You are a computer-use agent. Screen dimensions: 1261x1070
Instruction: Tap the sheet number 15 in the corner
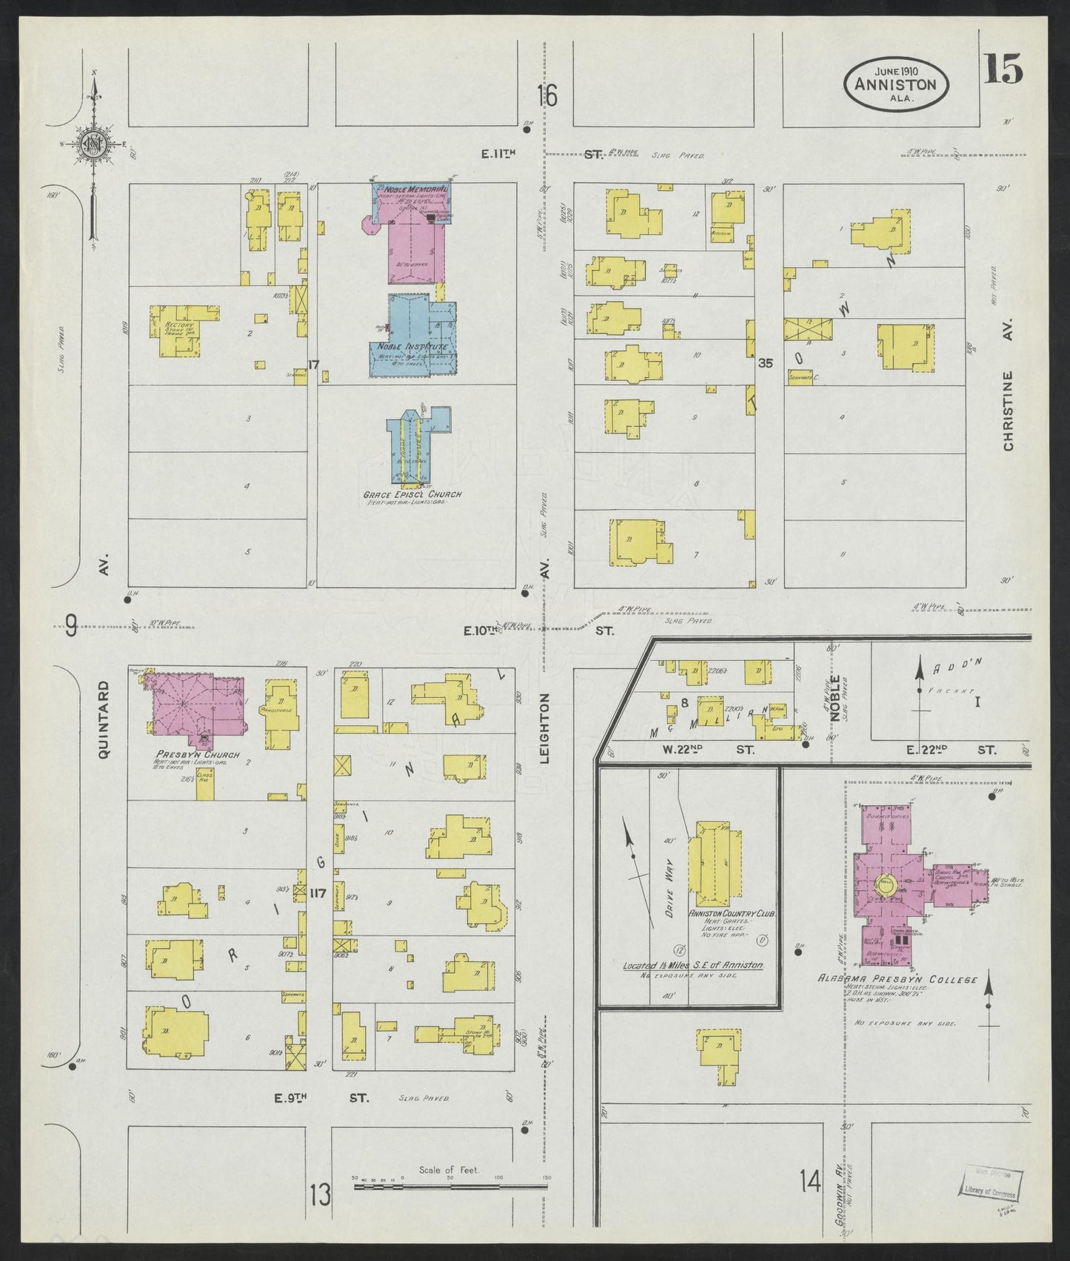tap(1003, 70)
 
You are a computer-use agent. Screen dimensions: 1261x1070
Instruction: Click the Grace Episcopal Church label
tap(413, 494)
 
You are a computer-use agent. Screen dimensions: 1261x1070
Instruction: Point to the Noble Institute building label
tap(412, 346)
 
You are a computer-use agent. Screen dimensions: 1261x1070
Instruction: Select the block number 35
tap(765, 363)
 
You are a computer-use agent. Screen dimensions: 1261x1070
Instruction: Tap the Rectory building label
tap(180, 326)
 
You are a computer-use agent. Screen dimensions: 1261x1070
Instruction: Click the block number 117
tap(319, 891)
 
